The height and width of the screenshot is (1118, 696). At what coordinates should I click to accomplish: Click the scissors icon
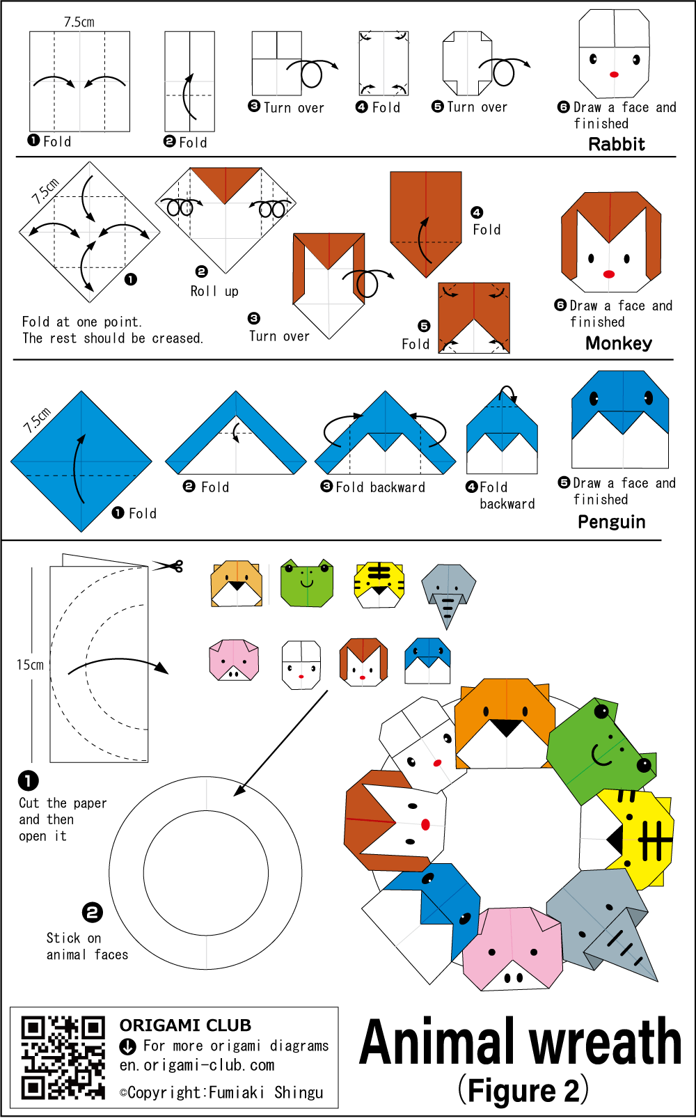pyautogui.click(x=168, y=565)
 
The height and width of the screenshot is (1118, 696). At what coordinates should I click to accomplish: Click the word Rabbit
pyautogui.click(x=617, y=144)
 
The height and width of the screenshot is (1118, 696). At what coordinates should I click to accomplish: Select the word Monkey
pyautogui.click(x=619, y=343)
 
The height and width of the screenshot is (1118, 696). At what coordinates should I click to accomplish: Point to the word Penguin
pyautogui.click(x=612, y=522)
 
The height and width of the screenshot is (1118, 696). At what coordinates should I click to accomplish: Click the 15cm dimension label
pyautogui.click(x=30, y=665)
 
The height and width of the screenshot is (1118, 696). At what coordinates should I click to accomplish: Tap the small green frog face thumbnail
pyautogui.click(x=307, y=583)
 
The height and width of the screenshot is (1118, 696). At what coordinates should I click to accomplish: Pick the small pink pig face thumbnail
pyautogui.click(x=234, y=660)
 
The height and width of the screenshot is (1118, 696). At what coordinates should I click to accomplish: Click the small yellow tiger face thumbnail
pyautogui.click(x=379, y=585)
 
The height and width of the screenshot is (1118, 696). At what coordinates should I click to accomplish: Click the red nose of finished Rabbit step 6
pyautogui.click(x=614, y=74)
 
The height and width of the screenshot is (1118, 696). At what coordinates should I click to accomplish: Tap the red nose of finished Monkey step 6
pyautogui.click(x=609, y=274)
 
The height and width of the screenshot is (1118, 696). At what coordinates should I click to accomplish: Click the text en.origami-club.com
pyautogui.click(x=196, y=1066)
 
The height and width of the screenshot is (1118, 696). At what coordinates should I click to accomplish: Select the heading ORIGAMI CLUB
pyautogui.click(x=185, y=1025)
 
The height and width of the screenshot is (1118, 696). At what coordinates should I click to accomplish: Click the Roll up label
pyautogui.click(x=214, y=291)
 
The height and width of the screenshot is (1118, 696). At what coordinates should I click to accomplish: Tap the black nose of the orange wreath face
pyautogui.click(x=505, y=727)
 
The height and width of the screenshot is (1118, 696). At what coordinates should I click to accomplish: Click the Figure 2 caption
pyautogui.click(x=523, y=1092)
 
